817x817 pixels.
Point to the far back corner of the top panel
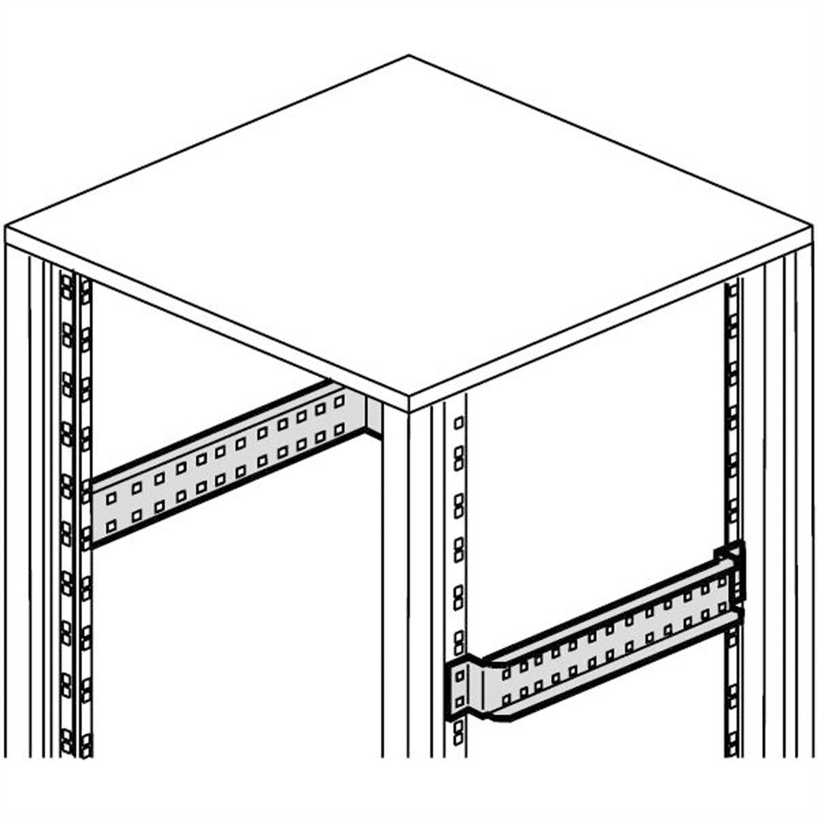[x=408, y=56]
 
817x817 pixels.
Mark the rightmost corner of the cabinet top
[x=812, y=229]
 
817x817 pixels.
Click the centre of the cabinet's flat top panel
[x=408, y=225]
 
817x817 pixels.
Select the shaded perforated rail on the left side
[x=225, y=463]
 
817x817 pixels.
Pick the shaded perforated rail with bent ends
[x=599, y=647]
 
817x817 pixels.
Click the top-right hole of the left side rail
[x=338, y=401]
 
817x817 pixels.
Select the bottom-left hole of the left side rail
[x=110, y=526]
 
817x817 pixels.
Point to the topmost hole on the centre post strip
[x=459, y=422]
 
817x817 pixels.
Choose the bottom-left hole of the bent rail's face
[x=505, y=696]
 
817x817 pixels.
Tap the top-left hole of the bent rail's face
[x=505, y=673]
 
